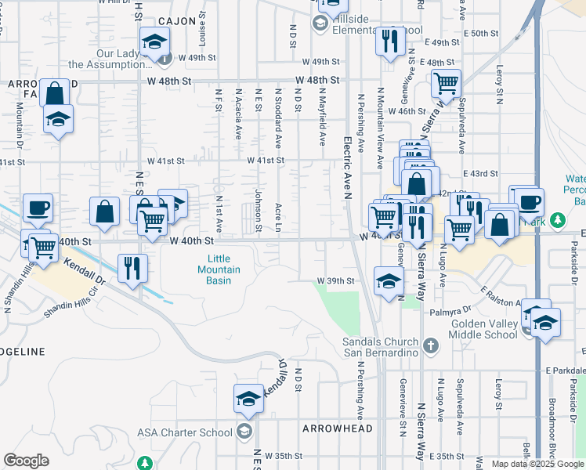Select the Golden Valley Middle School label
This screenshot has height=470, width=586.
(483, 329)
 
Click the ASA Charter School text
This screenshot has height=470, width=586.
(184, 432)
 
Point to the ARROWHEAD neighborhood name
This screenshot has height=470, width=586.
(332, 428)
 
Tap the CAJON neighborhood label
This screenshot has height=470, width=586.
(175, 21)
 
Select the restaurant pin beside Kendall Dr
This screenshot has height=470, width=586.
(132, 268)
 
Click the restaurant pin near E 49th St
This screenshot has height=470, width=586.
(389, 40)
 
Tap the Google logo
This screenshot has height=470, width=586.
(26, 461)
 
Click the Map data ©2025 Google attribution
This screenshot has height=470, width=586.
(537, 464)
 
